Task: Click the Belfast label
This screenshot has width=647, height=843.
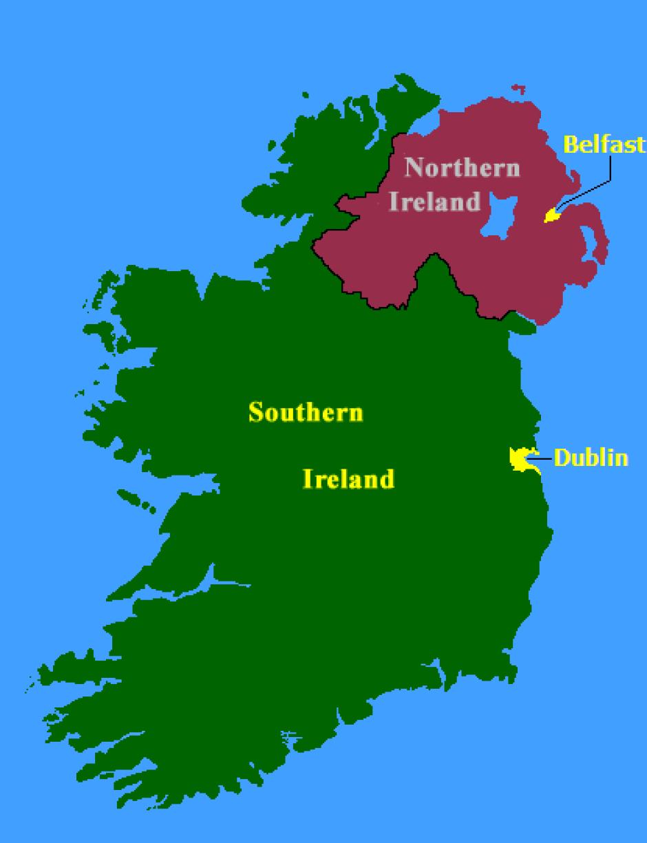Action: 604,145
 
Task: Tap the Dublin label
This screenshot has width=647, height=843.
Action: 591,458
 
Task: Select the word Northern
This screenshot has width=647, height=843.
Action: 461,168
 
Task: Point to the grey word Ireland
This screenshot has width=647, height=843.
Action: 434,202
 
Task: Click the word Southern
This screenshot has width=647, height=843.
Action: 306,413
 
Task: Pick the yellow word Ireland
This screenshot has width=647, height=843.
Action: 349,479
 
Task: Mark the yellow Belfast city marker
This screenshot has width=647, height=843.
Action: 551,216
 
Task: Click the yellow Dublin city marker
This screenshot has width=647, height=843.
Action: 521,458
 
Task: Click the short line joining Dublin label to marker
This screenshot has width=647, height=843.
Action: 546,458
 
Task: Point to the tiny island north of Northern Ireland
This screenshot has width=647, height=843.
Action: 518,88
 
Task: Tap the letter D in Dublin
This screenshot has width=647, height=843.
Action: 560,458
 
